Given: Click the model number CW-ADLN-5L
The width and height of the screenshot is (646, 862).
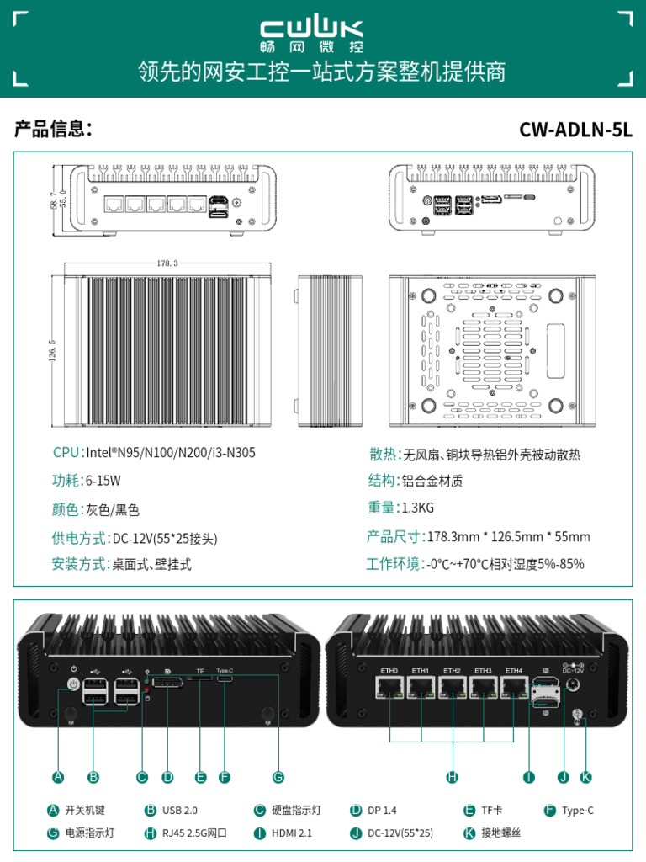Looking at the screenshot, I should pyautogui.click(x=575, y=130).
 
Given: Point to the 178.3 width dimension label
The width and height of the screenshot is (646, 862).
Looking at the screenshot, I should pyautogui.click(x=167, y=263).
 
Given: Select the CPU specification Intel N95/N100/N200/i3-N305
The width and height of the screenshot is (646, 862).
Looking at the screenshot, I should pyautogui.click(x=171, y=453).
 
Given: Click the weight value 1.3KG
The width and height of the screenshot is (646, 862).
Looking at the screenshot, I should pyautogui.click(x=418, y=508).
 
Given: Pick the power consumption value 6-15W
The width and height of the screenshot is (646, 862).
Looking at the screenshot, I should pyautogui.click(x=103, y=481).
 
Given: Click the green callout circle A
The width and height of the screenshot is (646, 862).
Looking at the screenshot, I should pyautogui.click(x=57, y=777).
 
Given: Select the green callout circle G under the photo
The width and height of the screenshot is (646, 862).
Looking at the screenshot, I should pyautogui.click(x=278, y=777).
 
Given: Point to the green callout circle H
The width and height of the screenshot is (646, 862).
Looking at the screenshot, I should pyautogui.click(x=452, y=777).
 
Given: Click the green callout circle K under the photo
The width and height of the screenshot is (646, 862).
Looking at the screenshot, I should pyautogui.click(x=586, y=777).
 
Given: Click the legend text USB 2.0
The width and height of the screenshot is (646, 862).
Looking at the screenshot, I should pyautogui.click(x=179, y=810).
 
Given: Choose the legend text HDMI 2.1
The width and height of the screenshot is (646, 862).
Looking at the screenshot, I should pyautogui.click(x=291, y=833).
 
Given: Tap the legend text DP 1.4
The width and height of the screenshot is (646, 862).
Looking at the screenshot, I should pyautogui.click(x=382, y=810).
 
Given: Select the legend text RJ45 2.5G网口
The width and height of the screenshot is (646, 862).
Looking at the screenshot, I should pyautogui.click(x=194, y=833).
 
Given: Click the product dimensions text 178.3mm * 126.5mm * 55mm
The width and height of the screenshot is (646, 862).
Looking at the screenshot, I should pyautogui.click(x=509, y=536).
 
